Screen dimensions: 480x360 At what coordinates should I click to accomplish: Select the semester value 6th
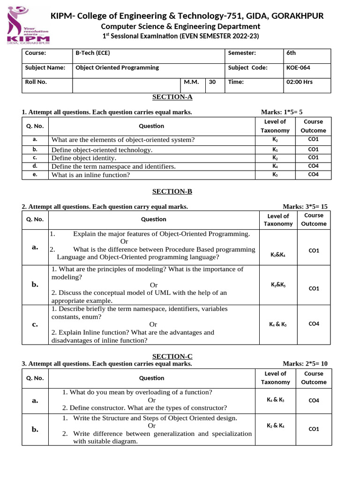pos(291,53)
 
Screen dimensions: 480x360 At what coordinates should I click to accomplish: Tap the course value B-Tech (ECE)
pos(92,53)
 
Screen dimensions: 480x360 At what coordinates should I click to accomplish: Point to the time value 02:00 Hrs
pos(299,82)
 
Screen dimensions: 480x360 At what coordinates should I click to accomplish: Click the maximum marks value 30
pos(212,82)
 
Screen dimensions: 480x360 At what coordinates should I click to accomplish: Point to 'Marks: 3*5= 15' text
pos(305,207)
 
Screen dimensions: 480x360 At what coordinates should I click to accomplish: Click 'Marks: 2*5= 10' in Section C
pos(305,364)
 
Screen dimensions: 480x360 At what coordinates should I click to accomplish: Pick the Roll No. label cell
pos(36,82)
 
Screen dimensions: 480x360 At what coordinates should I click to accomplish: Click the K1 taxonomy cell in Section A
pos(275,150)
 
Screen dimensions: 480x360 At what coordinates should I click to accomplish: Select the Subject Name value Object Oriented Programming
pos(117,67)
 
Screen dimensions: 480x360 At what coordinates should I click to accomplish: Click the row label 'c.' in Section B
pos(35,324)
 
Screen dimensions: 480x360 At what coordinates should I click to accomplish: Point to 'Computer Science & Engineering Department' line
pos(180,27)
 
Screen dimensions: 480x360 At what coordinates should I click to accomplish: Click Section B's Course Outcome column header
pos(313,219)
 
